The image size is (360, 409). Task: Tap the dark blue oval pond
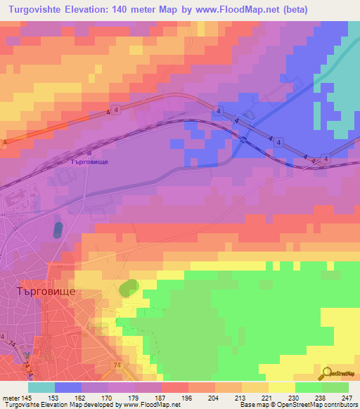tap(58, 230)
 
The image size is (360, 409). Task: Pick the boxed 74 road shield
tap(116, 365)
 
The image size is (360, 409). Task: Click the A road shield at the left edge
tap(5, 143)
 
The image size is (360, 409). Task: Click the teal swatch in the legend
tap(41, 387)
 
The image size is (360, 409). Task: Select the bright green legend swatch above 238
tap(309, 387)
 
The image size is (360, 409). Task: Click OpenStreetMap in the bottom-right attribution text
tap(307, 405)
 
